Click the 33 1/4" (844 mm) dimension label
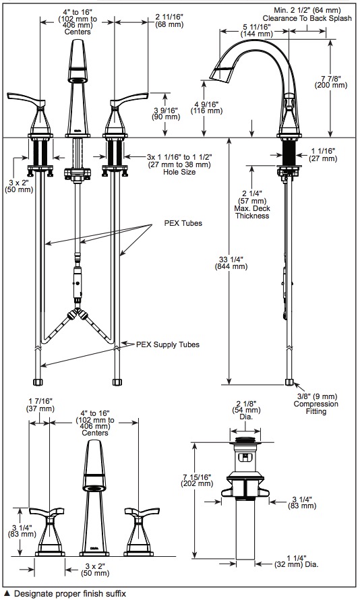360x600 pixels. click(x=231, y=262)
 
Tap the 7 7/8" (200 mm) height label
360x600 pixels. click(x=331, y=82)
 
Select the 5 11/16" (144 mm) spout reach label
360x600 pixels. click(x=257, y=30)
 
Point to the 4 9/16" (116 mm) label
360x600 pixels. click(x=206, y=107)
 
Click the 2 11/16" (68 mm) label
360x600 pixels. click(x=169, y=20)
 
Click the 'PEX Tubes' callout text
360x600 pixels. click(x=183, y=223)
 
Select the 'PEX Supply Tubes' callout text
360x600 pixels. click(x=168, y=344)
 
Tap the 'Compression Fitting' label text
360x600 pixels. click(x=316, y=407)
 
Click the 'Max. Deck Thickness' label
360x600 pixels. click(x=253, y=212)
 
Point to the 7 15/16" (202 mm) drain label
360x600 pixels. click(x=197, y=480)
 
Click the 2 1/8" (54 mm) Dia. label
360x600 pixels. click(x=246, y=410)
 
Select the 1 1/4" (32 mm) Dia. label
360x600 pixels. click(x=297, y=561)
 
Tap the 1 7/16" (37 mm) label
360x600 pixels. click(x=40, y=404)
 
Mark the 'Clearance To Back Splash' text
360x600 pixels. click(x=307, y=18)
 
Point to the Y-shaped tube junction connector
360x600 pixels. click(x=78, y=313)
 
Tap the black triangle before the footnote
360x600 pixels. click(x=6, y=593)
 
